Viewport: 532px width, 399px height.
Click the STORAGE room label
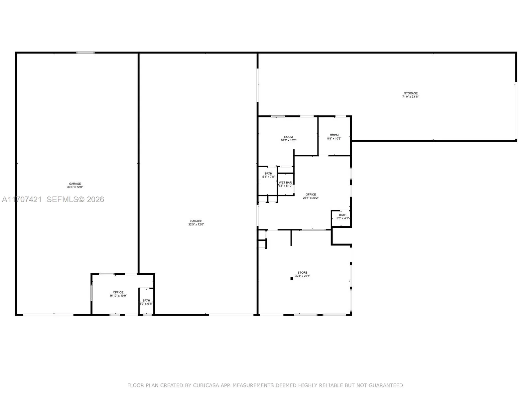[411, 93]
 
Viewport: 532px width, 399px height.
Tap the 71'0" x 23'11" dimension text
[411, 97]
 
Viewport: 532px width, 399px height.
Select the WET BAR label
[285, 183]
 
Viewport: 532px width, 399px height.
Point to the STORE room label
[302, 273]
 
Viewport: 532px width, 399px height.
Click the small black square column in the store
[292, 279]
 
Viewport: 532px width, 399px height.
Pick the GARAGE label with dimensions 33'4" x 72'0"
[75, 184]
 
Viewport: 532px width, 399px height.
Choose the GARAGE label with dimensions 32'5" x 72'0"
[196, 221]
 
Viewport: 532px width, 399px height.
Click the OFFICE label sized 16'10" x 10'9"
[118, 293]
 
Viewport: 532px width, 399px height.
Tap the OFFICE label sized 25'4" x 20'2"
[311, 195]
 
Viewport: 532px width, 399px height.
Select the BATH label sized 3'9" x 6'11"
[146, 301]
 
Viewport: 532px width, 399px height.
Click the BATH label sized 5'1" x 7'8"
[268, 174]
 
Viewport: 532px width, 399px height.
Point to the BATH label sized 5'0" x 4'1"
[342, 215]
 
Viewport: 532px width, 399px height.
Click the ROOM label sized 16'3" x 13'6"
[288, 137]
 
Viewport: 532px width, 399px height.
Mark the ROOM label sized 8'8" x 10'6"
[334, 135]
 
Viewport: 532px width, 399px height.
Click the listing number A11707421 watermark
[22, 199]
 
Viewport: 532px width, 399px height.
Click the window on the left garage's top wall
[85, 53]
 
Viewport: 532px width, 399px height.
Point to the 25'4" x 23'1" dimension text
[302, 276]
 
